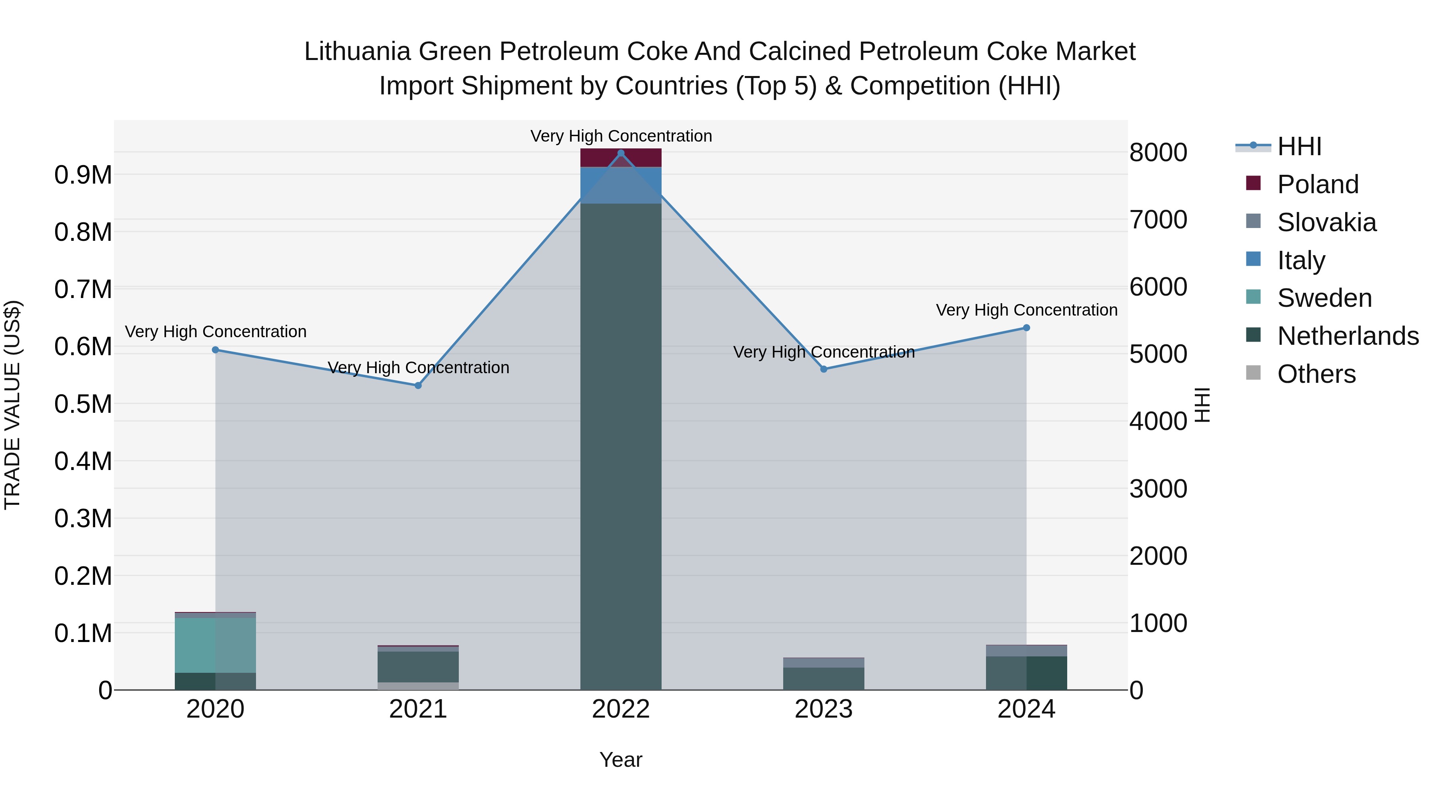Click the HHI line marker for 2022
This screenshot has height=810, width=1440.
[620, 153]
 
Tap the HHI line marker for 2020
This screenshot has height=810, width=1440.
[215, 350]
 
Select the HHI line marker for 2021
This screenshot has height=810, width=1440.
[418, 385]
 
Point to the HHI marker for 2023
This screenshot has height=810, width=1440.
[824, 369]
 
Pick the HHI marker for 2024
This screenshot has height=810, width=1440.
[1026, 328]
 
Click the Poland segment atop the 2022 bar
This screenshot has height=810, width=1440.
[620, 158]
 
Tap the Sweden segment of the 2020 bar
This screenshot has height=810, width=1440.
[215, 645]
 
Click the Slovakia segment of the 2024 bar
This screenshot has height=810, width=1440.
[1026, 651]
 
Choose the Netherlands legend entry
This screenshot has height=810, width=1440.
[1347, 336]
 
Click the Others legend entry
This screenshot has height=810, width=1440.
[1316, 374]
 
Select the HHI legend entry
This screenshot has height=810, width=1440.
[1299, 146]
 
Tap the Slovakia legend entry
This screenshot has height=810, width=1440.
[1326, 222]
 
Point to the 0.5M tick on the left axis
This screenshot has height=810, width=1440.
[83, 404]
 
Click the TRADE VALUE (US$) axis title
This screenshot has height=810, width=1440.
[12, 405]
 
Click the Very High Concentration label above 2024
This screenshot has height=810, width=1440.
[1026, 310]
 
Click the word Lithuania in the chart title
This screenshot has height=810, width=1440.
[357, 52]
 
